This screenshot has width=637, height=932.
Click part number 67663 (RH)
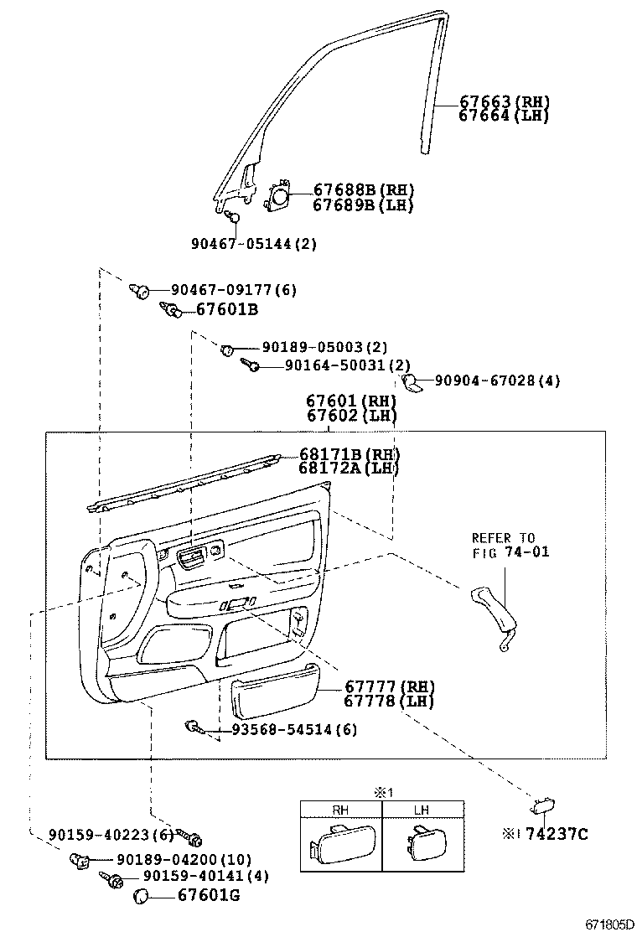pos(504,102)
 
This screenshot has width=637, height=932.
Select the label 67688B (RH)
pos(363,190)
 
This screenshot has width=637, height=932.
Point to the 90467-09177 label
pos(233,290)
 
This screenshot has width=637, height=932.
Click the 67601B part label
pos(227,310)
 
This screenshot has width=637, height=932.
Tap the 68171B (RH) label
pos(350,454)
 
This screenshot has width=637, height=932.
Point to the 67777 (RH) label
pos(386,686)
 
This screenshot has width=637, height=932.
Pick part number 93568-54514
pos(283,729)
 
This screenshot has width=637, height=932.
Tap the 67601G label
pos(209,897)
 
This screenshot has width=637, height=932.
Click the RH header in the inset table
pos(341,810)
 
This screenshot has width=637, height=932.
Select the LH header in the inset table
pos(422,810)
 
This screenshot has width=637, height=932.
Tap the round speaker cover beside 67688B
pos(277,197)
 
